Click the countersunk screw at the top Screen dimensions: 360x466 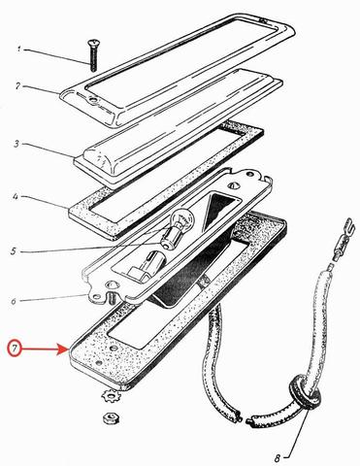(x=92, y=55)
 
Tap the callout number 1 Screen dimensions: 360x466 (x=19, y=50)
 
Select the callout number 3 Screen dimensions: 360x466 (x=16, y=144)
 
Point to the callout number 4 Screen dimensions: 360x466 (x=16, y=196)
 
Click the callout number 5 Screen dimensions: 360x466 (x=14, y=251)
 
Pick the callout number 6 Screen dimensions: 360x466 (x=13, y=302)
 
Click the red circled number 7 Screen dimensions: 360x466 (x=16, y=349)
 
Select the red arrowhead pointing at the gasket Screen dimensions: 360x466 (x=63, y=349)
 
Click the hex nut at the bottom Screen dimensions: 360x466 (x=111, y=418)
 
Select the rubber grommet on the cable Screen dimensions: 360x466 (x=305, y=392)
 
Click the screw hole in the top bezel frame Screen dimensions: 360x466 (x=94, y=100)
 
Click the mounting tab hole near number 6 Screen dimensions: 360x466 (x=96, y=297)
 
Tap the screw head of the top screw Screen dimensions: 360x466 (x=92, y=42)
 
